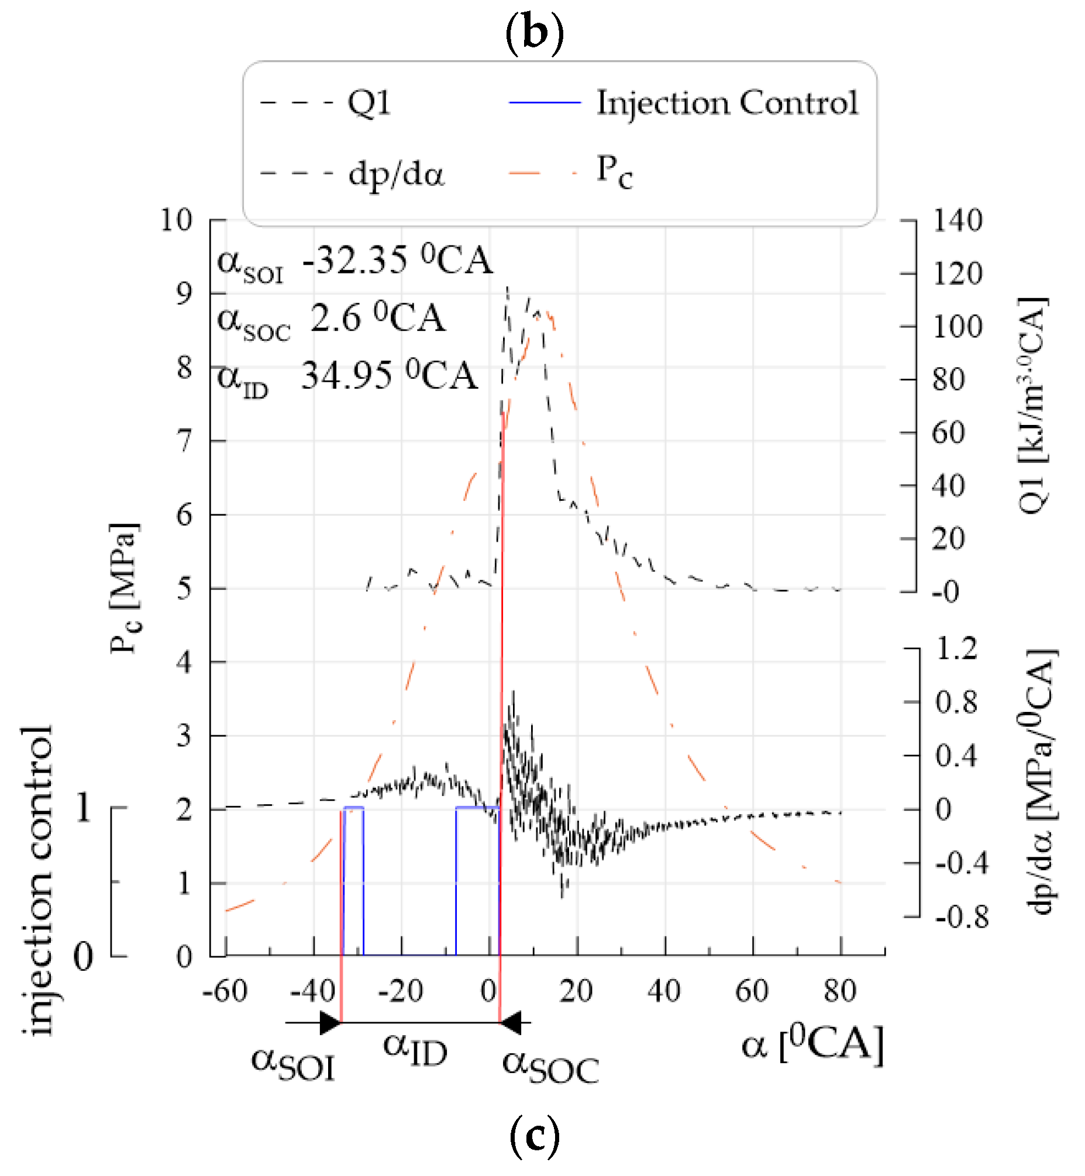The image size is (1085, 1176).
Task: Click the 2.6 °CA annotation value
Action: pos(377,319)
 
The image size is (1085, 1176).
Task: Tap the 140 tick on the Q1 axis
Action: pos(957,222)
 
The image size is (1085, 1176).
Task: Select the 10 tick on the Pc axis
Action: pos(176,221)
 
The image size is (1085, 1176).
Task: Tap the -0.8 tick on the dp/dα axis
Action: pos(962,916)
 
